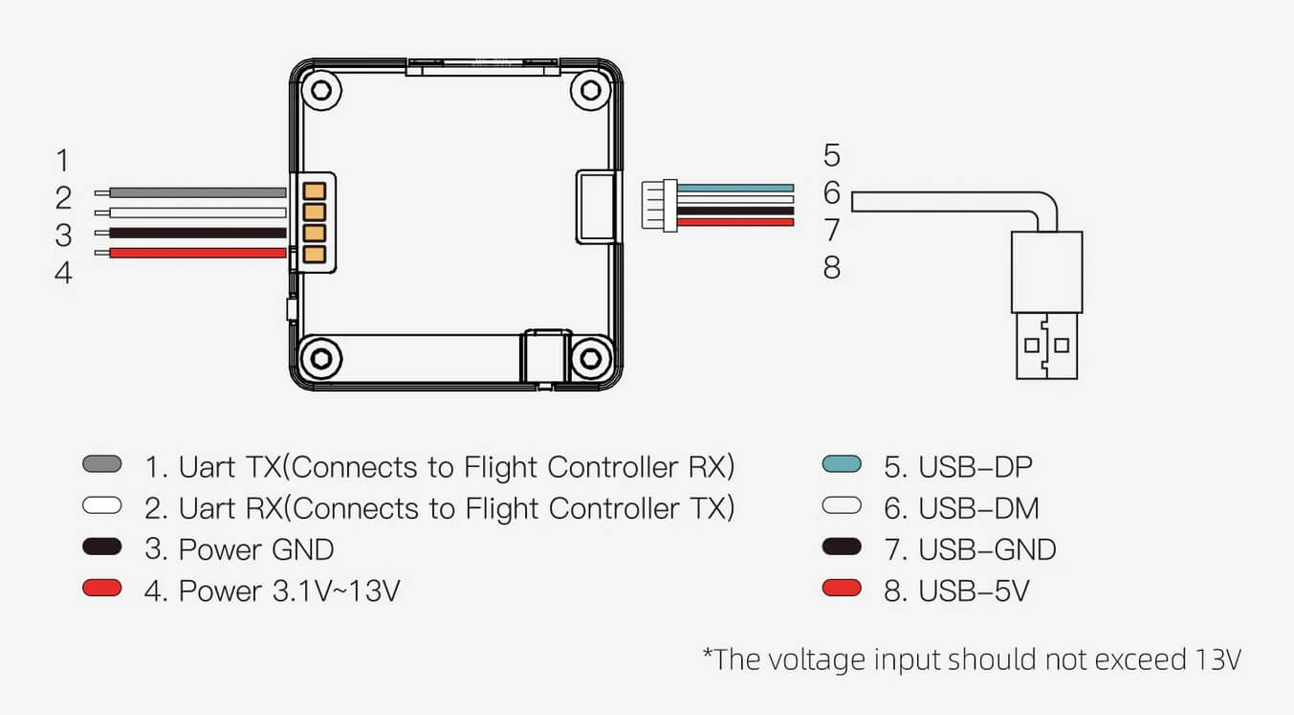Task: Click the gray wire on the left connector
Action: [198, 192]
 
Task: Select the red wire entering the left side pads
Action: [198, 253]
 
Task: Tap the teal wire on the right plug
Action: [735, 188]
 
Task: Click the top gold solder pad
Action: [315, 190]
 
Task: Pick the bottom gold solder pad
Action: [315, 255]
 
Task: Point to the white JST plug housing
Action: [659, 205]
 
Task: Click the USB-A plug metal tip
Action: [1046, 346]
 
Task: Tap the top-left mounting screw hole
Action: [321, 90]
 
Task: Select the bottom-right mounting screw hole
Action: [591, 359]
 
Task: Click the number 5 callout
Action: [832, 155]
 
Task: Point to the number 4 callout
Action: [63, 273]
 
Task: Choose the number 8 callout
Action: [832, 268]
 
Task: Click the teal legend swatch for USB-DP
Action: [842, 464]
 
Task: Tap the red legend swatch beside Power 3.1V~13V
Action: [102, 588]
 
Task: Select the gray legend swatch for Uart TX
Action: [102, 463]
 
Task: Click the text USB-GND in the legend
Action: [987, 549]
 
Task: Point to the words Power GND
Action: [256, 549]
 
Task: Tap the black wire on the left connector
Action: [198, 233]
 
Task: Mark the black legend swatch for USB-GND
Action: [842, 547]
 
